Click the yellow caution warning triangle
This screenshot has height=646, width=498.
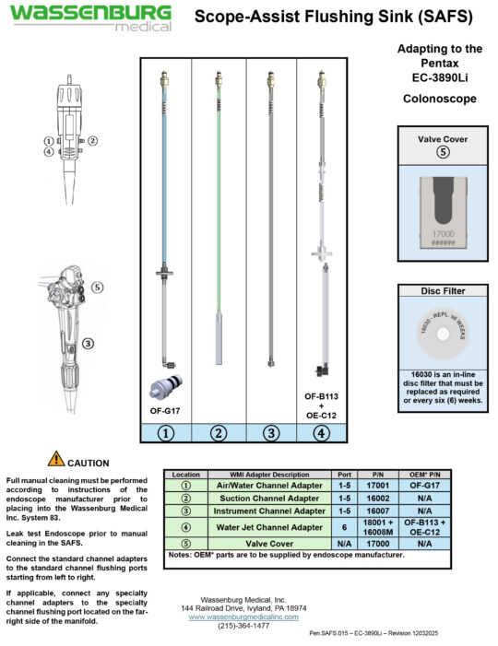click(x=56, y=458)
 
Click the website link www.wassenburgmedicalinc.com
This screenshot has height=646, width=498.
click(x=247, y=617)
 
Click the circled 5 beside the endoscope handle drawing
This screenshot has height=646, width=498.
click(x=99, y=287)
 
